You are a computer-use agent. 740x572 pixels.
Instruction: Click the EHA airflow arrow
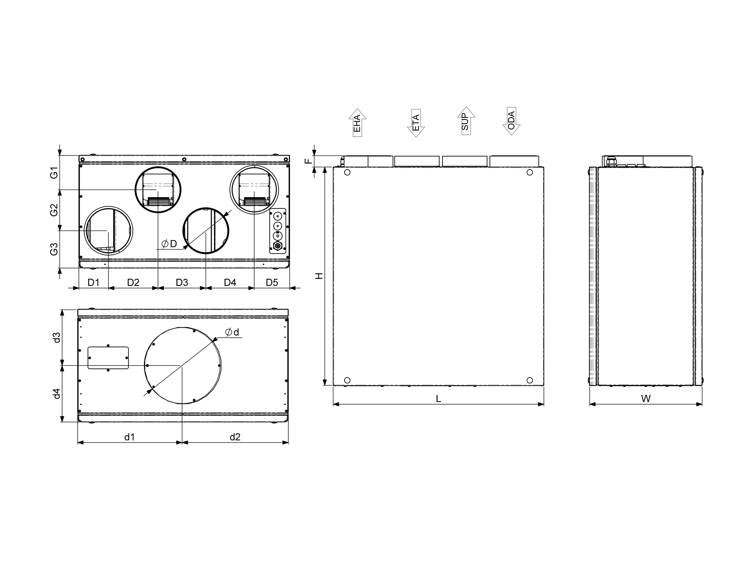357,123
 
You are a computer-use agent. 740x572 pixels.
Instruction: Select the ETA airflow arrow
416,123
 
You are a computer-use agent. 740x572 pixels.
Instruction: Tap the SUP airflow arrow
466,121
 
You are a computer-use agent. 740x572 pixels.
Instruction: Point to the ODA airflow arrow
511,121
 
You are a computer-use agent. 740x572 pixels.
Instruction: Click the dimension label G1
54,173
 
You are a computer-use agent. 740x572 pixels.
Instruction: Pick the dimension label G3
54,249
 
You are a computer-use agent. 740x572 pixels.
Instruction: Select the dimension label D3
182,282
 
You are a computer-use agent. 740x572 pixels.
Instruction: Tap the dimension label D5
272,282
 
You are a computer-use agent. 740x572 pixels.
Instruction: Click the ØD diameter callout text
169,244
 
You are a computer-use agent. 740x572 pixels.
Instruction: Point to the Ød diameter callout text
232,332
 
